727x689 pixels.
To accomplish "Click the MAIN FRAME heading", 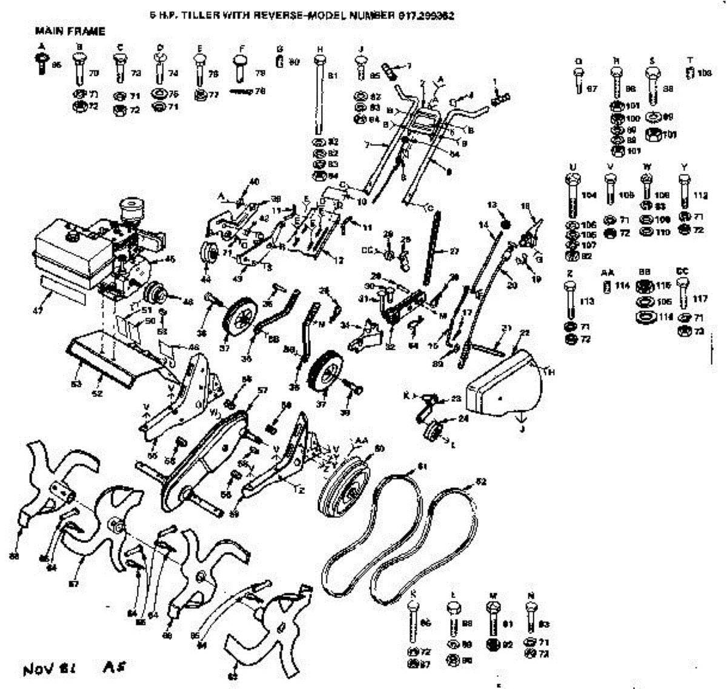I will [70, 31].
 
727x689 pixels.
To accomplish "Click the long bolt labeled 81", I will [318, 97].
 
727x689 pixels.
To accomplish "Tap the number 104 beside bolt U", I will [589, 195].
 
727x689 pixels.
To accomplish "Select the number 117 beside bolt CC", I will [700, 299].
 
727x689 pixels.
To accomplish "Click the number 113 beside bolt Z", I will [587, 301].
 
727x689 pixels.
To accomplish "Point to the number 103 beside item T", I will [704, 73].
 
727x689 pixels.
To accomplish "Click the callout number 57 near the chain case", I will [262, 391].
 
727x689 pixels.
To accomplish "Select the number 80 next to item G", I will [294, 61].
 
